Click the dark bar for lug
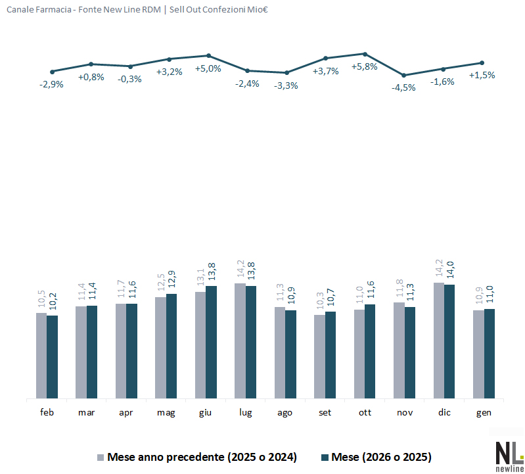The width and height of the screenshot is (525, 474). pyautogui.click(x=251, y=342)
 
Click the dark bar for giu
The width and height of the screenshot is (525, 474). pyautogui.click(x=211, y=342)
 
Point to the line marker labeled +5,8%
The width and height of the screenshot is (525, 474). pyautogui.click(x=365, y=54)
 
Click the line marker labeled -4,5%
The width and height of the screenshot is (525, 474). pyautogui.click(x=404, y=75)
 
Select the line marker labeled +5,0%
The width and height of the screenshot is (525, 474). pyautogui.click(x=208, y=56)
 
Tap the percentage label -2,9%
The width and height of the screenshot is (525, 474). pyautogui.click(x=51, y=84)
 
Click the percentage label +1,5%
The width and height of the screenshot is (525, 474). pyautogui.click(x=482, y=75)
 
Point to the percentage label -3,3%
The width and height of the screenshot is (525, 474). pyautogui.click(x=286, y=85)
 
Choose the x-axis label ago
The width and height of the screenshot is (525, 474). pyautogui.click(x=285, y=412)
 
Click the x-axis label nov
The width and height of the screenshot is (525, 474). pyautogui.click(x=405, y=412)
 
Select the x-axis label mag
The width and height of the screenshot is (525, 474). pyautogui.click(x=166, y=412)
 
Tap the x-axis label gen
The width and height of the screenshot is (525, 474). pyautogui.click(x=484, y=412)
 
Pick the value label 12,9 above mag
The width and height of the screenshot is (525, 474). pyautogui.click(x=172, y=281)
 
